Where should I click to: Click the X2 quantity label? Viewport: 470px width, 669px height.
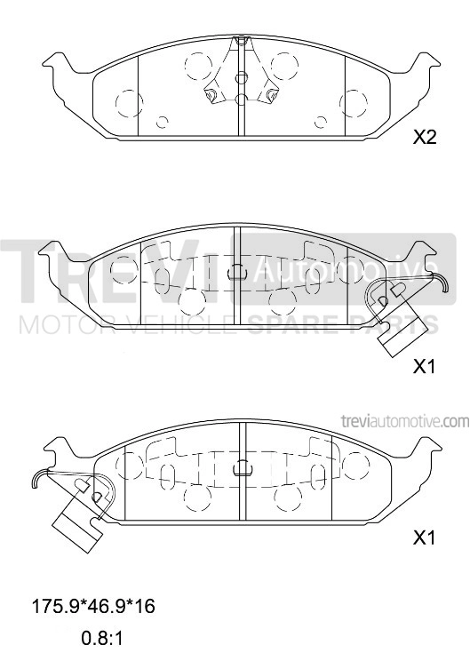425,137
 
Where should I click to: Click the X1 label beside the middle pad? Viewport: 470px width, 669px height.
425,366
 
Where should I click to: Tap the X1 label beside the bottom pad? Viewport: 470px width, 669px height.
425,538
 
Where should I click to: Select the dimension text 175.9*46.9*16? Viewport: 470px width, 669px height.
93,606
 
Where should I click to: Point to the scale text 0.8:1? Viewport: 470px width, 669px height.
101,638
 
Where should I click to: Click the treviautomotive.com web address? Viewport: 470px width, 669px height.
405,421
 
